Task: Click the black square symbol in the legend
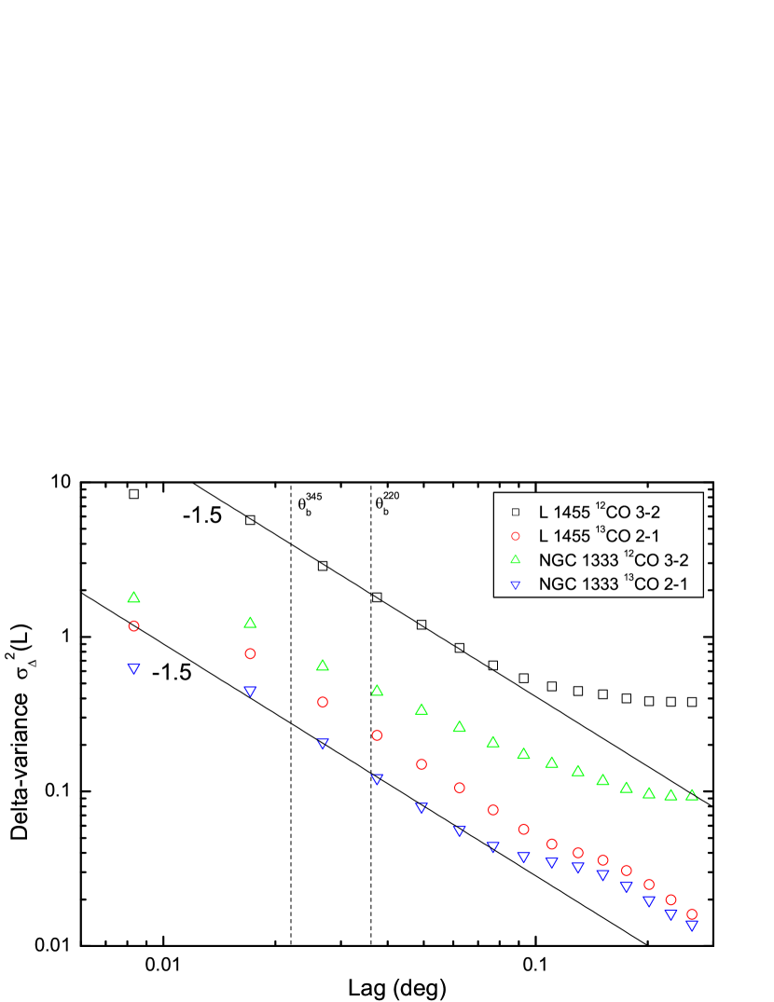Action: pyautogui.click(x=515, y=512)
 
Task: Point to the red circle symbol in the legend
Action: pyautogui.click(x=515, y=536)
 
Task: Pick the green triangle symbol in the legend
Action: pyautogui.click(x=515, y=559)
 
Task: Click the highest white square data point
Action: pyautogui.click(x=133, y=494)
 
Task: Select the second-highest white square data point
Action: pyautogui.click(x=250, y=520)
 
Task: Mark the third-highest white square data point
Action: pyautogui.click(x=323, y=566)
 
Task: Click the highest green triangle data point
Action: pyautogui.click(x=133, y=597)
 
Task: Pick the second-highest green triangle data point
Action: pyautogui.click(x=250, y=622)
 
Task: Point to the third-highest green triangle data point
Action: pyautogui.click(x=323, y=665)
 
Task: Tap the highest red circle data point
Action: pyautogui.click(x=133, y=626)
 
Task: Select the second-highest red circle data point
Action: pyautogui.click(x=250, y=653)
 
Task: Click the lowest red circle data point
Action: pyautogui.click(x=692, y=914)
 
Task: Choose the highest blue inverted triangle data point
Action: pyautogui.click(x=133, y=668)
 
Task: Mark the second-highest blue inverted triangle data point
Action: pyautogui.click(x=250, y=691)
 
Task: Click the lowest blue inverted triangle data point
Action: pyautogui.click(x=692, y=926)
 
